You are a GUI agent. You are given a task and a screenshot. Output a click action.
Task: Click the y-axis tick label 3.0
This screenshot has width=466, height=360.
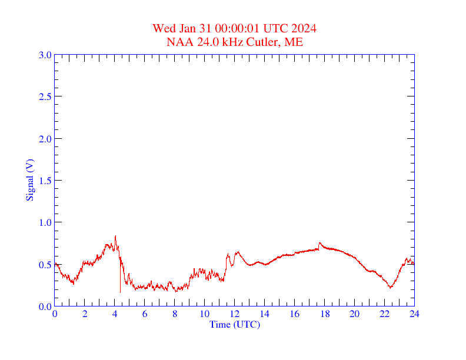click(45, 55)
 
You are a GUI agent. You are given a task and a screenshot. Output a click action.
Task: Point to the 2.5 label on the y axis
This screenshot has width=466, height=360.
click(45, 97)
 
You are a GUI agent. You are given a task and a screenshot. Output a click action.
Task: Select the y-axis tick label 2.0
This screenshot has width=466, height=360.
click(45, 139)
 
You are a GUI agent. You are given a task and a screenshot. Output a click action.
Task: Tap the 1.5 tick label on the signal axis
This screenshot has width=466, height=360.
click(45, 181)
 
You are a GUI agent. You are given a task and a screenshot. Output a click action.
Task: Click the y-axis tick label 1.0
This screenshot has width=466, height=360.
click(45, 223)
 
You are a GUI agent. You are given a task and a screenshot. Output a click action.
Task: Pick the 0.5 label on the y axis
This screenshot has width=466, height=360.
click(45, 265)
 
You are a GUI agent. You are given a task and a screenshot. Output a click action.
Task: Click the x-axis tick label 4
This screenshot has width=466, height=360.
click(115, 314)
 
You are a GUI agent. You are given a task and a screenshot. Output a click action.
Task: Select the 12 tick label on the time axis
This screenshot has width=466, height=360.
click(234, 314)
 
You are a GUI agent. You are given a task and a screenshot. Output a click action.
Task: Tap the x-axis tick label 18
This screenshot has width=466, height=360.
click(324, 314)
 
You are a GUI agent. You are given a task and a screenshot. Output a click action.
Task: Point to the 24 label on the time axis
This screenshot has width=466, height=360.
click(414, 314)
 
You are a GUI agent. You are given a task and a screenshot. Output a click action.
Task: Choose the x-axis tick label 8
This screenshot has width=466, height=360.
click(175, 314)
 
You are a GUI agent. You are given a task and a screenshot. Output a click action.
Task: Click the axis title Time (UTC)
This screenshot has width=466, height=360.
click(234, 324)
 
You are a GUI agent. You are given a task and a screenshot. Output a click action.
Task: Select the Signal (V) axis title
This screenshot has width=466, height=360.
click(29, 180)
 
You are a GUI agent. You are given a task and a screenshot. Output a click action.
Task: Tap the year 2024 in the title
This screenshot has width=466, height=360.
click(304, 28)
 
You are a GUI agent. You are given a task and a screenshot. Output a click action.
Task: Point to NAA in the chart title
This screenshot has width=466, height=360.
click(179, 42)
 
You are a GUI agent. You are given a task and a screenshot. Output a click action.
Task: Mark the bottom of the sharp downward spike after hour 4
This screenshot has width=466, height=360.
click(120, 292)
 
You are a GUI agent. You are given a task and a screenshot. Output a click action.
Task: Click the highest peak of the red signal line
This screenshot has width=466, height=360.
click(115, 236)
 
